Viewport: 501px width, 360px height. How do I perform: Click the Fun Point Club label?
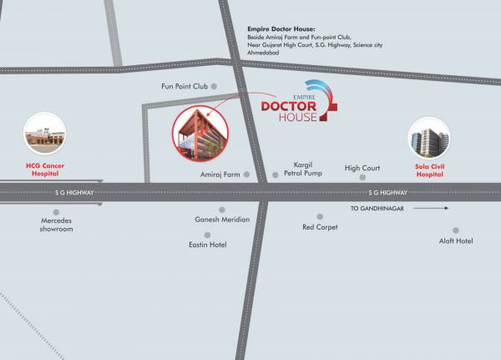coord(183,86)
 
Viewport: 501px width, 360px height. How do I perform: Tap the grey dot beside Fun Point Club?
coord(214,86)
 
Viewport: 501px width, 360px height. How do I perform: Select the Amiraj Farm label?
coord(220,175)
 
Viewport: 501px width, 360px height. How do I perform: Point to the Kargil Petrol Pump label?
coord(302,170)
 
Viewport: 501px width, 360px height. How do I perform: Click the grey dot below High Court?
coord(362,178)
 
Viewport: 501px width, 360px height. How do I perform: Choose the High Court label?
coord(362,168)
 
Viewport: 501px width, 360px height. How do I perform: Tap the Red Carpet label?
coord(320,227)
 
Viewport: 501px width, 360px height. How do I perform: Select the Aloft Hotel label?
coord(456,241)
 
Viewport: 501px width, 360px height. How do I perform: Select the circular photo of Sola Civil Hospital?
coord(429,139)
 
